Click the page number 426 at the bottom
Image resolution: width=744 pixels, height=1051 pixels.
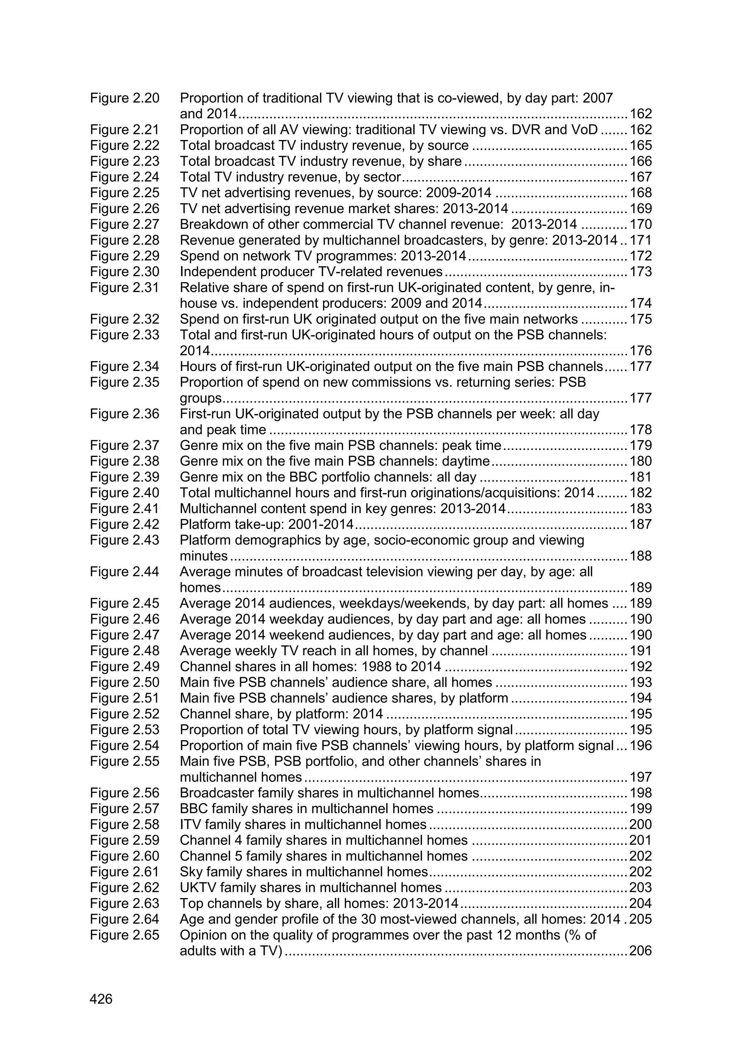101,999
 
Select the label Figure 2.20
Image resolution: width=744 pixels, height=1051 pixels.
124,98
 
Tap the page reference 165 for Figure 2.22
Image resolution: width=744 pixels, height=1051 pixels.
640,146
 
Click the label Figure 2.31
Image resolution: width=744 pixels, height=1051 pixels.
124,287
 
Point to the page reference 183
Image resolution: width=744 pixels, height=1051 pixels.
640,508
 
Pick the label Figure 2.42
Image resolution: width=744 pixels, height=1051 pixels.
124,524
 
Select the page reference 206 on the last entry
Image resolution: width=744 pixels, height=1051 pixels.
640,951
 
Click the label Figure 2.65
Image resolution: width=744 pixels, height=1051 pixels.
124,935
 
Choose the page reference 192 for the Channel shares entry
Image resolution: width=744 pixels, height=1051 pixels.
640,666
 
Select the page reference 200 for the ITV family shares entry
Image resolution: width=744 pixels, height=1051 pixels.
640,825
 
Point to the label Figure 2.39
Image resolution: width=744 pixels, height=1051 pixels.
124,477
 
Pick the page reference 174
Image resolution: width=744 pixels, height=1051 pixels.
640,303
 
